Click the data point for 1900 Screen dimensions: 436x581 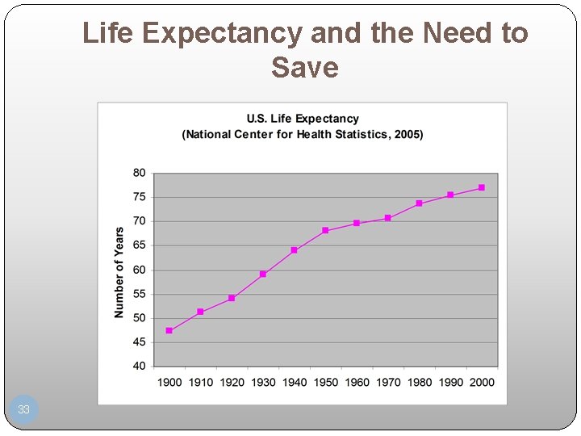169,330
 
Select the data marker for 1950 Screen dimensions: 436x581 325,231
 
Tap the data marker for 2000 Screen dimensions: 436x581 482,187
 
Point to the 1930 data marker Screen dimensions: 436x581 263,275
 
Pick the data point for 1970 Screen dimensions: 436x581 388,218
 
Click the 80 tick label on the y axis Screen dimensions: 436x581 139,173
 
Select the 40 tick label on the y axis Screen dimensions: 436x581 139,366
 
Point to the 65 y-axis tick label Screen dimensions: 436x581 139,245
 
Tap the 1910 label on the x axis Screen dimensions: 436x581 200,382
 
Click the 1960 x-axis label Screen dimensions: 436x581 357,382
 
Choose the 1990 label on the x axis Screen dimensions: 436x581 450,382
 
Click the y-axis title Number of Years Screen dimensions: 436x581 119,272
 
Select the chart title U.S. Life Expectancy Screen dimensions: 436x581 303,119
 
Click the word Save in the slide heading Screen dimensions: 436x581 305,67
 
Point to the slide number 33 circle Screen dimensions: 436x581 24,409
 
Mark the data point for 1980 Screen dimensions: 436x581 419,203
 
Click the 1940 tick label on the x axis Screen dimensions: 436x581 295,382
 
